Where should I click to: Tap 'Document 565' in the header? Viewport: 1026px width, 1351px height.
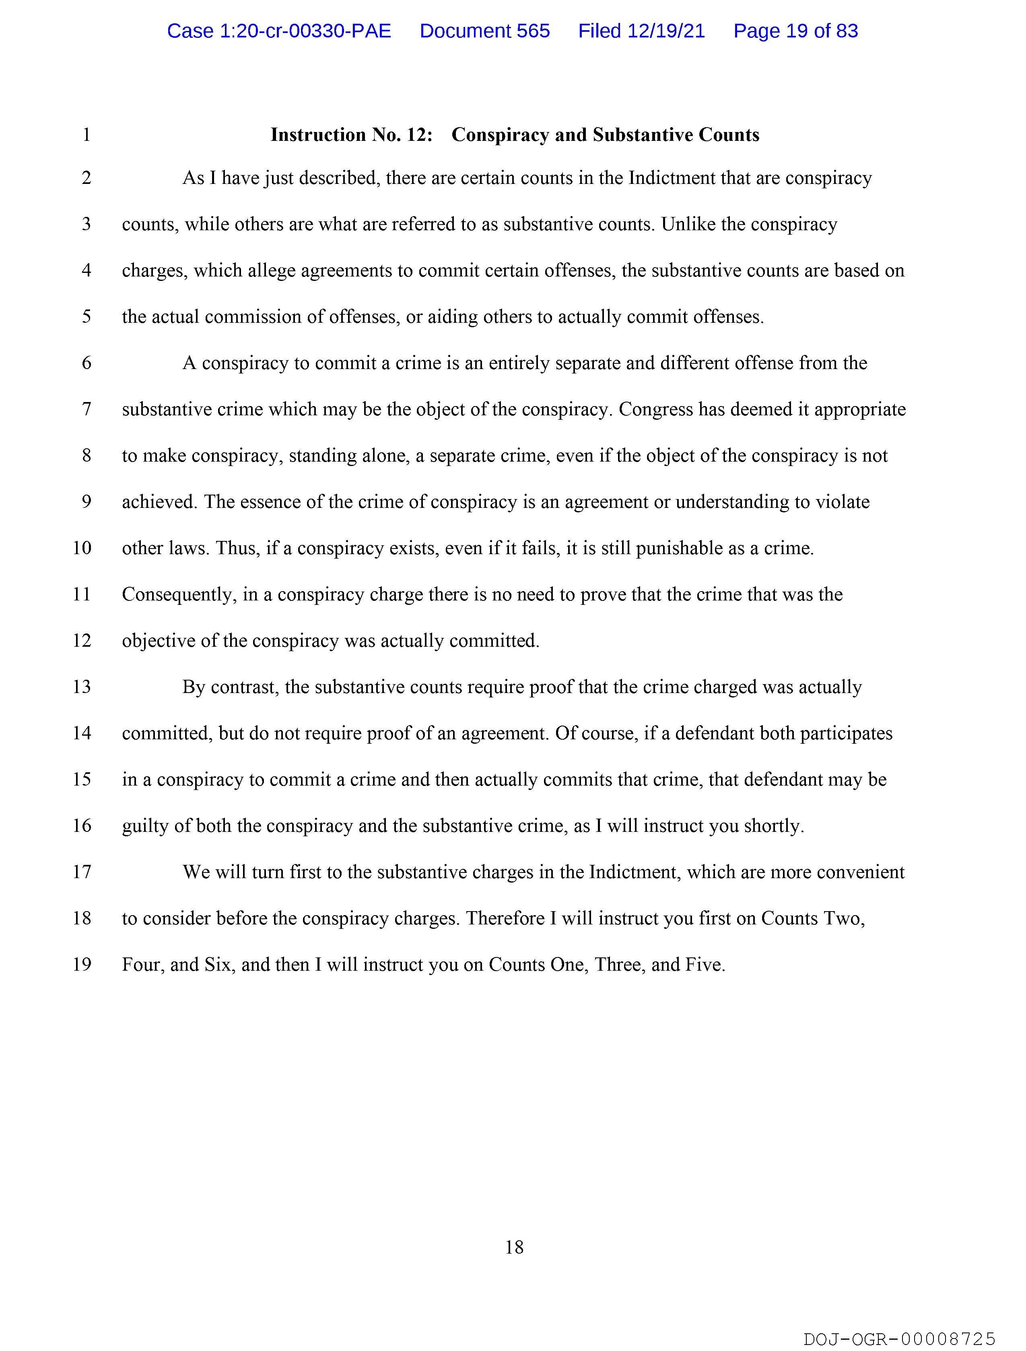click(484, 31)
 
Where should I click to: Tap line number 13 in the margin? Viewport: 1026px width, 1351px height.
click(82, 687)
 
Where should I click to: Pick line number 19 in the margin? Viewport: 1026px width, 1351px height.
click(82, 965)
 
